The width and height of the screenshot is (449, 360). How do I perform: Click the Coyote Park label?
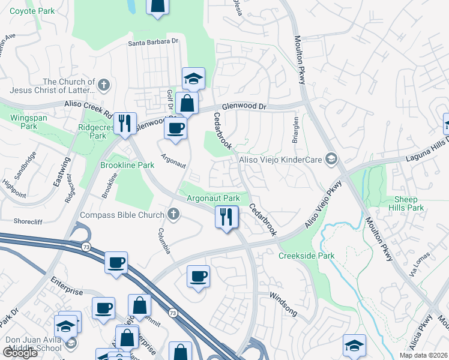coord(32,11)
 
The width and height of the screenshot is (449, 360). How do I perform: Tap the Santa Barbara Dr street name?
coord(154,42)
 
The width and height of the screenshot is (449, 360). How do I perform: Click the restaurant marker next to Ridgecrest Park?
coord(125,123)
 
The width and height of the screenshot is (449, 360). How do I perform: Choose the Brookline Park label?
coord(127,165)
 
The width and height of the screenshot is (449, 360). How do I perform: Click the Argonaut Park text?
coord(213,198)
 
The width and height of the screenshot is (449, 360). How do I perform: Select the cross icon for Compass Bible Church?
coord(173,214)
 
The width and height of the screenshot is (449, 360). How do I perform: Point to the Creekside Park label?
coord(306,256)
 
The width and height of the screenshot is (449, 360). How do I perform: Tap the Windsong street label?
coord(283,296)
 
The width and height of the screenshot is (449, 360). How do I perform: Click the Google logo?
coord(20,353)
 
